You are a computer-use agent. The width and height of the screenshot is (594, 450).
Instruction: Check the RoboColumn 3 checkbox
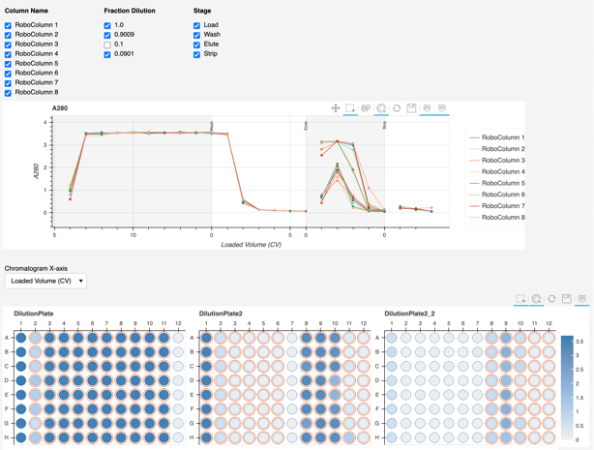pyautogui.click(x=9, y=45)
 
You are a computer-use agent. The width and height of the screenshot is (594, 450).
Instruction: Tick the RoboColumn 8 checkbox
pyautogui.click(x=9, y=93)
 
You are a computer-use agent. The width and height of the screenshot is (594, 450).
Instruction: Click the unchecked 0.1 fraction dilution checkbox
pyautogui.click(x=107, y=45)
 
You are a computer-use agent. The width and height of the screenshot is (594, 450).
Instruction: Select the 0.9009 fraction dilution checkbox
pyautogui.click(x=107, y=35)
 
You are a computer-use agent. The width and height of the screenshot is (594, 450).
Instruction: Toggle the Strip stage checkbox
pyautogui.click(x=197, y=54)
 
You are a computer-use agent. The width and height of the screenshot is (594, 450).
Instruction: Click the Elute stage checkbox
pyautogui.click(x=197, y=45)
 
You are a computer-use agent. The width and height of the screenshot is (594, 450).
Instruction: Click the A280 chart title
pyautogui.click(x=60, y=108)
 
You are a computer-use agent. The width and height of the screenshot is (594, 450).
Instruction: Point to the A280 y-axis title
pyautogui.click(x=36, y=170)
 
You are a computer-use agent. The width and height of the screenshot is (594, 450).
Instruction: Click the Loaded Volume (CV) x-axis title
pyautogui.click(x=251, y=245)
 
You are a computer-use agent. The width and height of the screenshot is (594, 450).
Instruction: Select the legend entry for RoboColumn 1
pyautogui.click(x=502, y=137)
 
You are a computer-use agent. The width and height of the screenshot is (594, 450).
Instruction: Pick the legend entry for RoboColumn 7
pyautogui.click(x=502, y=206)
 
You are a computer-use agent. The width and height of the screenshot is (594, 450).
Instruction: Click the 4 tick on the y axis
pyautogui.click(x=45, y=123)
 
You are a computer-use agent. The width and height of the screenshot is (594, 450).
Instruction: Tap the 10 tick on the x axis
pyautogui.click(x=134, y=235)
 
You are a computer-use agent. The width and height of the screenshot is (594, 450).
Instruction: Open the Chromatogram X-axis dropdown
pyautogui.click(x=45, y=281)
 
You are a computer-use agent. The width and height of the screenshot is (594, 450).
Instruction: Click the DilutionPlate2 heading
pyautogui.click(x=221, y=314)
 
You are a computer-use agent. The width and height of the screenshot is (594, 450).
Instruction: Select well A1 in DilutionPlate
pyautogui.click(x=21, y=338)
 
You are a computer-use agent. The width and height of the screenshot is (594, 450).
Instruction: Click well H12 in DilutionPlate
pyautogui.click(x=178, y=437)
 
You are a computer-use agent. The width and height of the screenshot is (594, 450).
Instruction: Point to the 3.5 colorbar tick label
pyautogui.click(x=579, y=342)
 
